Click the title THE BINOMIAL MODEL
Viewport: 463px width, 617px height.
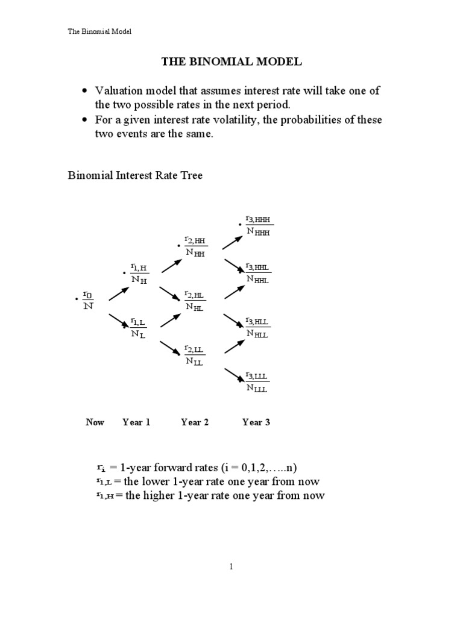tap(231, 61)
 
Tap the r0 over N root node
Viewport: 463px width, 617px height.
tap(88, 299)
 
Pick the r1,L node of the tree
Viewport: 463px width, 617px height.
tap(139, 329)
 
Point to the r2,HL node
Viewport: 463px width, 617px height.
tap(195, 300)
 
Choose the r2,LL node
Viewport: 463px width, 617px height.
tap(194, 355)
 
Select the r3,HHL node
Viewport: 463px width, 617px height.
tap(257, 272)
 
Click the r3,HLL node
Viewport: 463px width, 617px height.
tap(257, 327)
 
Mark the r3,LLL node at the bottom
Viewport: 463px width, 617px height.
tap(257, 381)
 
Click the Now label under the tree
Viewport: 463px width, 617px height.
tap(95, 422)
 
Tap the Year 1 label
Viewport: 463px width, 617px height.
tap(136, 422)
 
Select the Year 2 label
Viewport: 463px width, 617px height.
tap(195, 422)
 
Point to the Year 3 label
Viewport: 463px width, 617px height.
tap(256, 422)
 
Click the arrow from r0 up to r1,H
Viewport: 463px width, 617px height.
tap(119, 293)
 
